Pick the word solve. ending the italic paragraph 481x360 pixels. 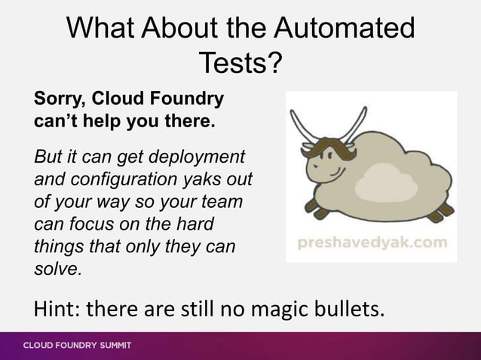click(x=57, y=267)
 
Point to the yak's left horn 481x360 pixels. click(x=302, y=125)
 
